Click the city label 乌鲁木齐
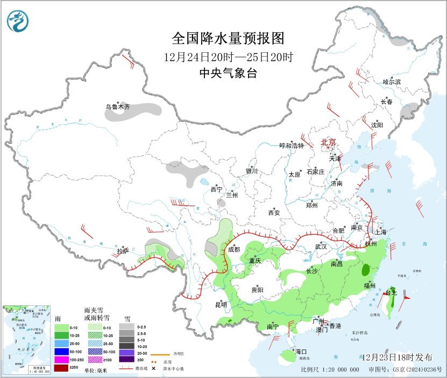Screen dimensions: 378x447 (117, 107)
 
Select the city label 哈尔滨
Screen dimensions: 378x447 (392, 82)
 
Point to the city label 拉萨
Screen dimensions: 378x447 (123, 251)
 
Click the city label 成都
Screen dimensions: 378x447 (233, 249)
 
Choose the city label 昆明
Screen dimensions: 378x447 (221, 305)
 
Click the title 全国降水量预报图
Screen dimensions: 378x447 (228, 38)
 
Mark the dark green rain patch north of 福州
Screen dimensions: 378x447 (367, 270)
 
